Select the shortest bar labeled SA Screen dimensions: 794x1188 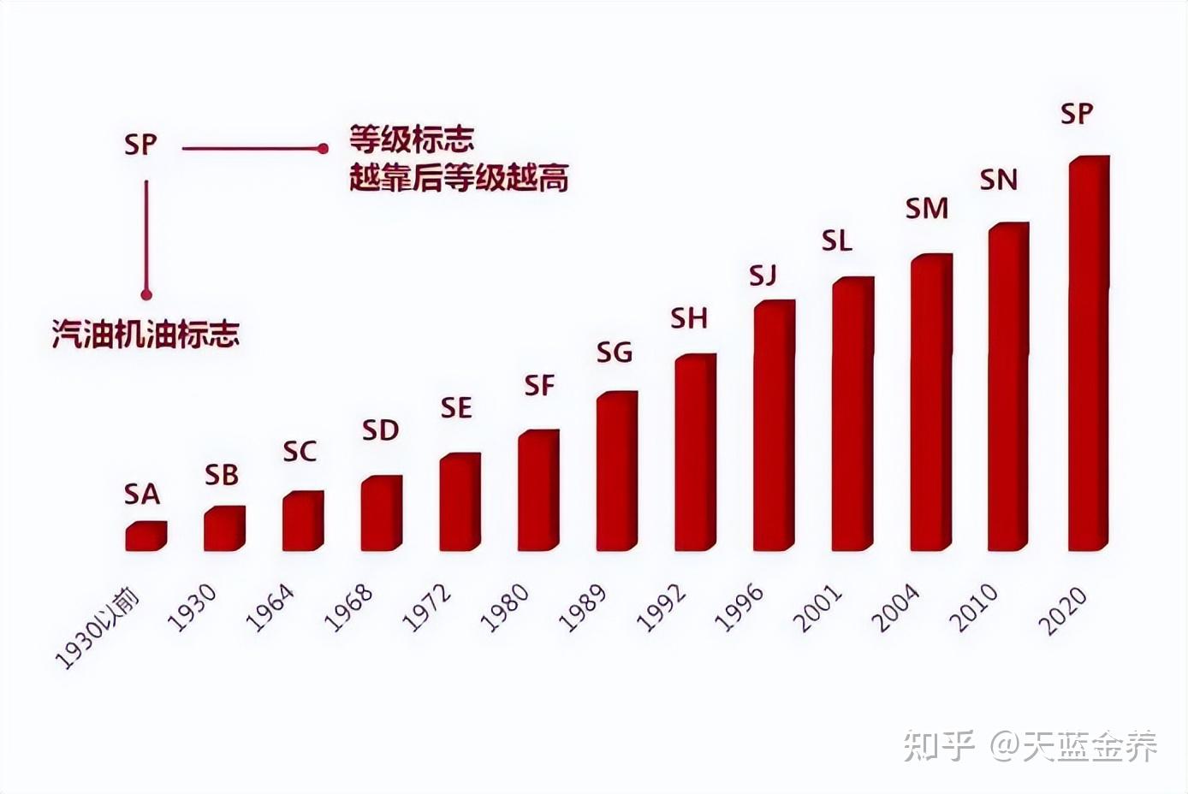(x=146, y=536)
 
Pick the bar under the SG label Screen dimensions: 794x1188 (x=616, y=471)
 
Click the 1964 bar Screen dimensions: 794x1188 (x=302, y=521)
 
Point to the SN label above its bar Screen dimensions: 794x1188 (x=998, y=181)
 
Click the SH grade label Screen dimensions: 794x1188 (x=689, y=319)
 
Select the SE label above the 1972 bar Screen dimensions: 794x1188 (x=456, y=408)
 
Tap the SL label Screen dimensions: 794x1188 (x=836, y=242)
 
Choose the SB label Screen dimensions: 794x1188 (x=222, y=476)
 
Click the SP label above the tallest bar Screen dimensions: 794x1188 (x=1076, y=114)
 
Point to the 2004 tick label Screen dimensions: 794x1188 (x=895, y=607)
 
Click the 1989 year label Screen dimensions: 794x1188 (x=582, y=607)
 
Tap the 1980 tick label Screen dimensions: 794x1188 (x=504, y=607)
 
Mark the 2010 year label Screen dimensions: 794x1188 (x=976, y=607)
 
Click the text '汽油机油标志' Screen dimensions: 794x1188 (x=146, y=334)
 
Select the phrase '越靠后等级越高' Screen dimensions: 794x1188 (x=459, y=178)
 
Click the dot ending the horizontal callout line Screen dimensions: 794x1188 (x=323, y=149)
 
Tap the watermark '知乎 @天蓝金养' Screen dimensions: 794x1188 (x=1031, y=746)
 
